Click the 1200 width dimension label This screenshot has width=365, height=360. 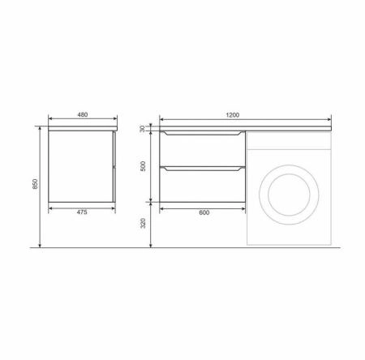point(233,115)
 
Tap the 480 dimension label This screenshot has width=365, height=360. point(83,114)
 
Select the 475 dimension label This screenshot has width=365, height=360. point(82,212)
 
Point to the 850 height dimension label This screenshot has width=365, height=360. point(35,184)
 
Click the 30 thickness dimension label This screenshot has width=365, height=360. point(143,129)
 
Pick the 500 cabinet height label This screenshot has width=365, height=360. point(143,166)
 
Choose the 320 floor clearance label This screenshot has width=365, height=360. point(143,223)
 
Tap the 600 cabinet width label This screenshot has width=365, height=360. point(204,212)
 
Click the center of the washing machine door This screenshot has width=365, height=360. point(289,195)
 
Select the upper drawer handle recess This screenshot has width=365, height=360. point(202,133)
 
